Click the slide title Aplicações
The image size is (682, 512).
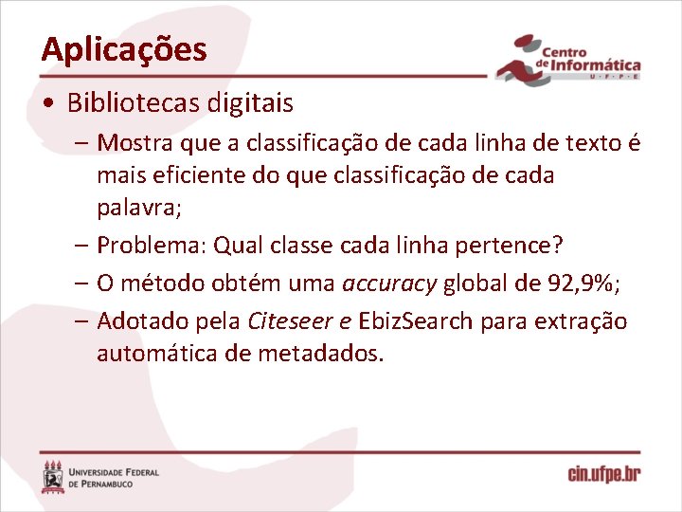[x=123, y=49]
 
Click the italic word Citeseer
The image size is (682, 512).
[x=287, y=321]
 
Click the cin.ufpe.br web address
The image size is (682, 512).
[x=603, y=475]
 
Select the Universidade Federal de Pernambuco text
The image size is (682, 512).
[x=115, y=477]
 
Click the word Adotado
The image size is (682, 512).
[x=144, y=321]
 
